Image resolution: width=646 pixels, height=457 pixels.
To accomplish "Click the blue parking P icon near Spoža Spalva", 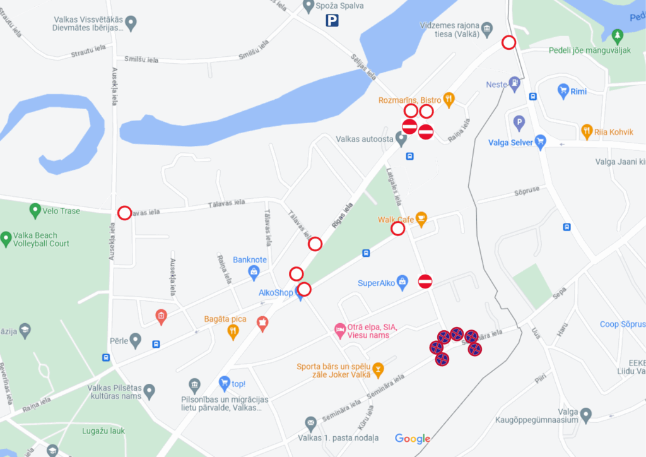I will [332, 21].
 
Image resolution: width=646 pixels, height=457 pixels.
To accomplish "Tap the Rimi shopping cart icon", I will [563, 91].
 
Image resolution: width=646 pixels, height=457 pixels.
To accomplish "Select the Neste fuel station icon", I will [515, 82].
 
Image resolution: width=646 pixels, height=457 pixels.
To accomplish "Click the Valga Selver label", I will [510, 143].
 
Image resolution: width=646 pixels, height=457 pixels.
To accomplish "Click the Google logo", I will [413, 439].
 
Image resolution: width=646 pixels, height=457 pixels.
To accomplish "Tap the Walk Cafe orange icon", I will [421, 219].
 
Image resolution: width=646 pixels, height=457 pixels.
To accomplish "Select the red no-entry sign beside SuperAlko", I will [425, 282].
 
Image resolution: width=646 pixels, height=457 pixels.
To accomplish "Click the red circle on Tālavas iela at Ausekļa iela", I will [125, 213].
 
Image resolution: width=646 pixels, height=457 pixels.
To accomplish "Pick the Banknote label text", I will [250, 259].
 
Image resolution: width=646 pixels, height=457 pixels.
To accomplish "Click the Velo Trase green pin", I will [35, 210].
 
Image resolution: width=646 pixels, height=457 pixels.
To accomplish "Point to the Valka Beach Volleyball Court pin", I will [6, 239].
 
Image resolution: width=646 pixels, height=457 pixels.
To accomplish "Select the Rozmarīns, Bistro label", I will [409, 100].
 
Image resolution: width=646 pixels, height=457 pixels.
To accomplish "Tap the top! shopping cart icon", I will [224, 383].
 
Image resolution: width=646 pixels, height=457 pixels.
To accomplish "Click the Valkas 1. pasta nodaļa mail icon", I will [310, 423].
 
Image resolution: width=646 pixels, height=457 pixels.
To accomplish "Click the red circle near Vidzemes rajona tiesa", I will [508, 42].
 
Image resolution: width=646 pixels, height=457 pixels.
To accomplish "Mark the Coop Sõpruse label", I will [622, 324].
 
